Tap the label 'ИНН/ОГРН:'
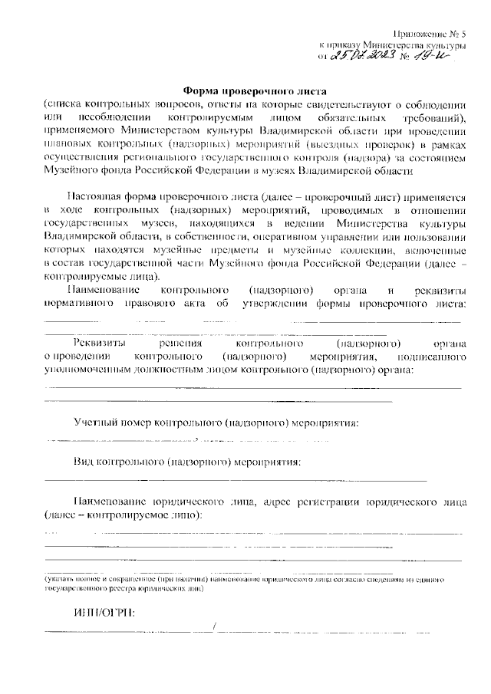(104, 613)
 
